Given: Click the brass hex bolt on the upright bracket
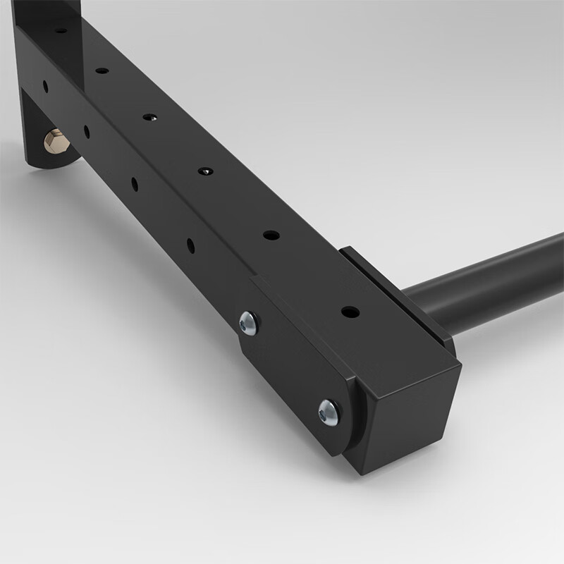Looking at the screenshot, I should [x=56, y=142].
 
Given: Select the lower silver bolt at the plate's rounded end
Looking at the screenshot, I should [x=329, y=411].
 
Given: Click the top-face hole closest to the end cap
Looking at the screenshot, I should [x=350, y=312].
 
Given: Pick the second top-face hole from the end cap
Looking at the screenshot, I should [x=271, y=235].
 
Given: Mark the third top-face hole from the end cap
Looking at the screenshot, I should [x=205, y=171].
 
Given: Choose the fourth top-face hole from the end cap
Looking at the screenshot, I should [x=149, y=117].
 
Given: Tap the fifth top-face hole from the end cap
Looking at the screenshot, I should [x=102, y=70].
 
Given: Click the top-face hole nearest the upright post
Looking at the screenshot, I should [x=61, y=30].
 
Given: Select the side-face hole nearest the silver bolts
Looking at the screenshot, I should [x=190, y=245].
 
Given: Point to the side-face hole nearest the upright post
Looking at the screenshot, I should [x=46, y=86].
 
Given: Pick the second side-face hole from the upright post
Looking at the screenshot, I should [x=87, y=131].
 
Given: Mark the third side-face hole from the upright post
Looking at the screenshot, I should [x=134, y=184].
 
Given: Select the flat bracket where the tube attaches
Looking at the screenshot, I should [x=395, y=289].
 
